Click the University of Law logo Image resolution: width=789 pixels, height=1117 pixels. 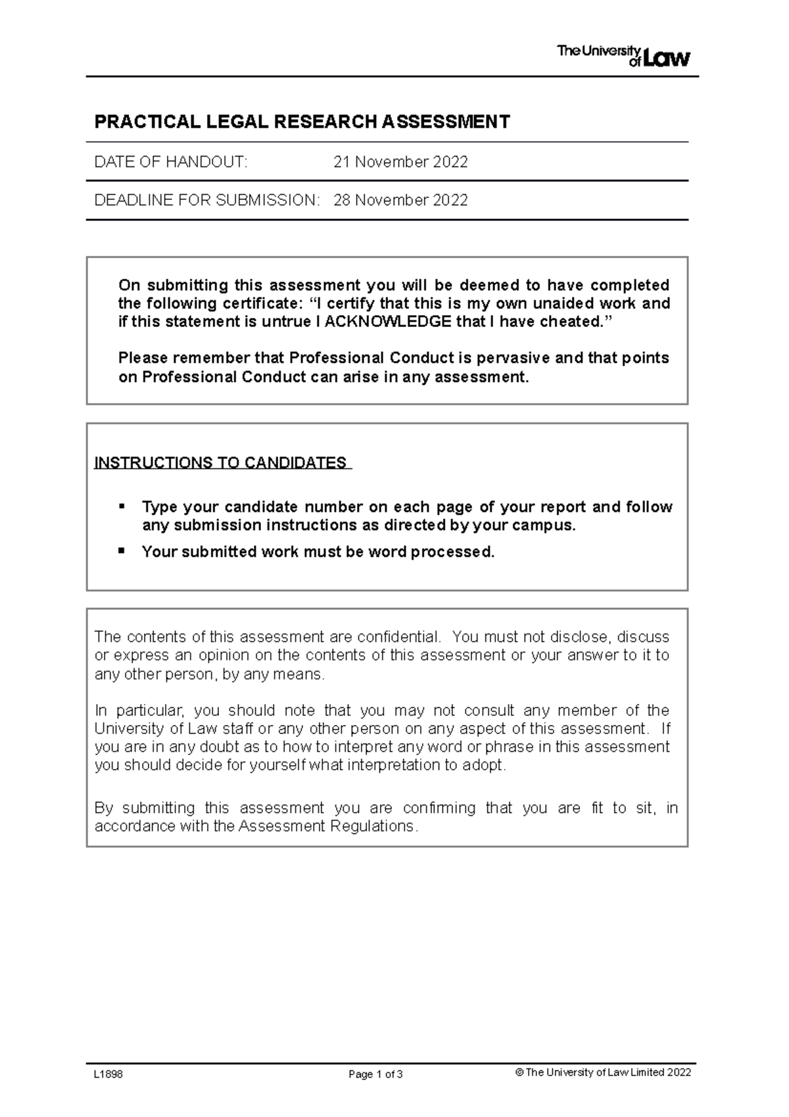pyautogui.click(x=623, y=56)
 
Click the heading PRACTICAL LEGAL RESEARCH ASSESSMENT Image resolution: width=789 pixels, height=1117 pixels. pyautogui.click(x=302, y=122)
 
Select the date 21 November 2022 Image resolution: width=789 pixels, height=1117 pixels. pyautogui.click(x=400, y=162)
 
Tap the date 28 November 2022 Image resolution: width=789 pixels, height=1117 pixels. pyautogui.click(x=400, y=200)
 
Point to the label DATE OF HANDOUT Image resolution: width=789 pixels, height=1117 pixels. pyautogui.click(x=171, y=162)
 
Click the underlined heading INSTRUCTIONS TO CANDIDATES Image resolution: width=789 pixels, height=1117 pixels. pyautogui.click(x=221, y=462)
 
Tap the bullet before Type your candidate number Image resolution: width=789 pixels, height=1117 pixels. pyautogui.click(x=121, y=506)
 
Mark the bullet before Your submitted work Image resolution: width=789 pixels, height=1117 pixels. pyautogui.click(x=121, y=551)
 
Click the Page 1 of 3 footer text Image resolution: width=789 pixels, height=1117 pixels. pyautogui.click(x=375, y=1074)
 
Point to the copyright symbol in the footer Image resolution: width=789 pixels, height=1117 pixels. pyautogui.click(x=519, y=1072)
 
